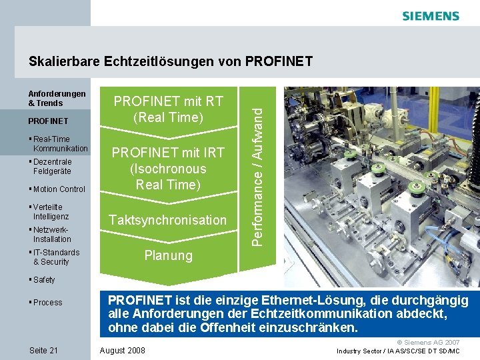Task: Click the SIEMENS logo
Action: (431, 15)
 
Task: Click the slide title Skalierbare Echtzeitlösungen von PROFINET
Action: (171, 62)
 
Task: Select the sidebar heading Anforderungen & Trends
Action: (57, 99)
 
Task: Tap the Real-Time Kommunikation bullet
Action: (60, 144)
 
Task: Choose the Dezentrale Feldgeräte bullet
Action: (52, 167)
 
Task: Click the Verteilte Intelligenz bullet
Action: (51, 212)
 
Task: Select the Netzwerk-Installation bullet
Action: (51, 234)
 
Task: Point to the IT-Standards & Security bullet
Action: (55, 257)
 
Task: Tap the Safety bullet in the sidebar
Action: (44, 280)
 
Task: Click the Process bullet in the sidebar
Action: (47, 303)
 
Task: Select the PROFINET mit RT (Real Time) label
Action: (168, 109)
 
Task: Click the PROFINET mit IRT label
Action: (168, 169)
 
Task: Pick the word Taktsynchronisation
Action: (168, 220)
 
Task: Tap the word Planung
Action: (168, 255)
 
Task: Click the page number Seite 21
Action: (44, 351)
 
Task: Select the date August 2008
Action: (121, 351)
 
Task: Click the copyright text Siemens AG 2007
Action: (433, 341)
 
